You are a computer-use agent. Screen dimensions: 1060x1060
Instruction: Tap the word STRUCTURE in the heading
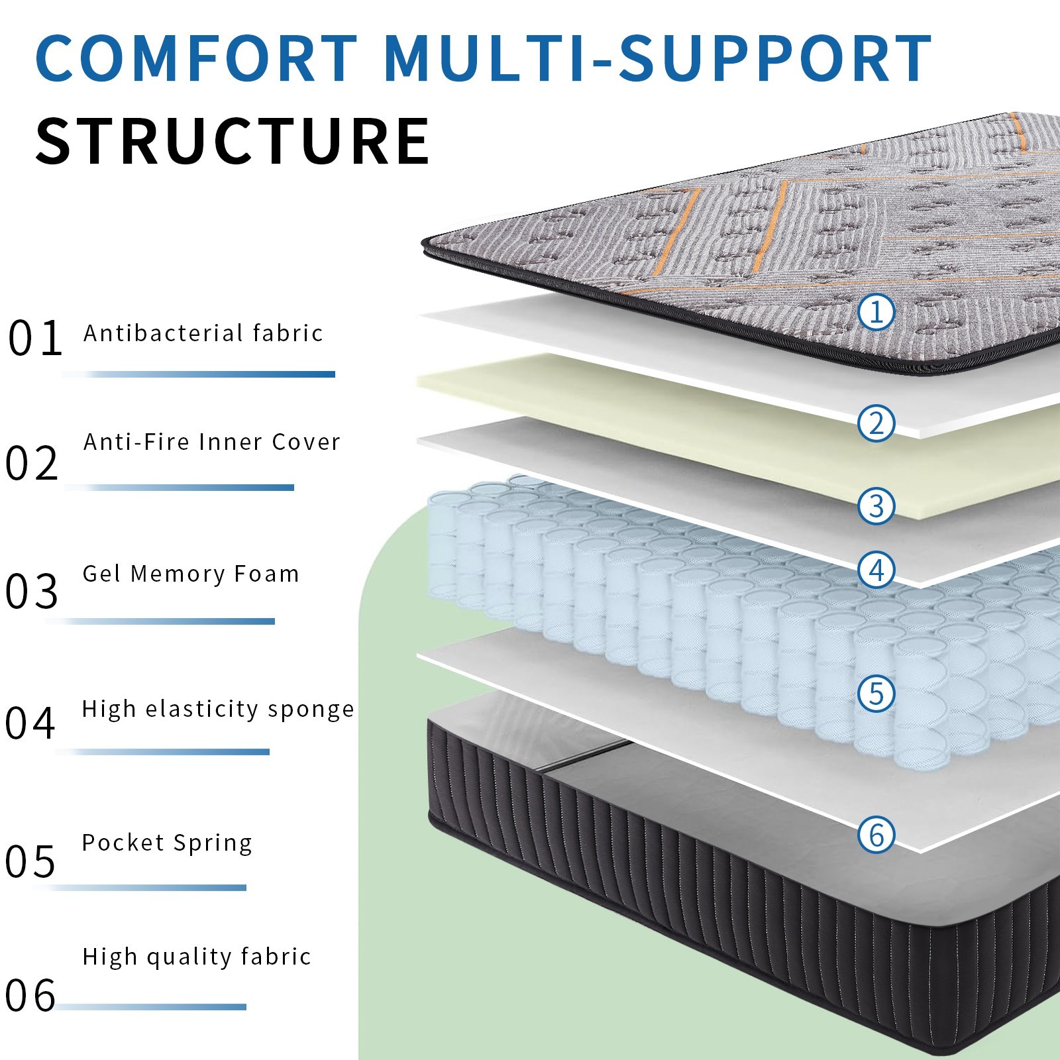[233, 140]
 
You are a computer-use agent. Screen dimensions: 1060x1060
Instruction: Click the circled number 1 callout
[876, 311]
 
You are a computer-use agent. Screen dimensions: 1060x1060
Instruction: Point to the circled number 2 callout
[876, 423]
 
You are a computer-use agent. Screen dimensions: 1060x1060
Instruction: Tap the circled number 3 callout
[876, 505]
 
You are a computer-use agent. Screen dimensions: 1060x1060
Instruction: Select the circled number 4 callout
[876, 570]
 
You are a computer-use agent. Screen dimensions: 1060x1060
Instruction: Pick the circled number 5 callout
[876, 694]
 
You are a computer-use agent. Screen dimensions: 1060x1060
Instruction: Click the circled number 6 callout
[876, 834]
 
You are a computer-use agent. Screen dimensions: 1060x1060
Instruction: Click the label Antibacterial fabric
[203, 333]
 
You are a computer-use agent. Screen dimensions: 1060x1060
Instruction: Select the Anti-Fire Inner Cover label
[211, 441]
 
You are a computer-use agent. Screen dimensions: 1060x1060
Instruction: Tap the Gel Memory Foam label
[191, 574]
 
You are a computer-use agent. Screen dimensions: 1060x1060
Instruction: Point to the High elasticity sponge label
[218, 709]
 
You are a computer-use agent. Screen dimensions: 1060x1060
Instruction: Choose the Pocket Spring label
[167, 843]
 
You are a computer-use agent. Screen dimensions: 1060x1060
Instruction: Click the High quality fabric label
[197, 957]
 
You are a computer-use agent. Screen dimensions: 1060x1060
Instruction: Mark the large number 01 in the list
[35, 338]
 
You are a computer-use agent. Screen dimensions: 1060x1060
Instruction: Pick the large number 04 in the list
[30, 723]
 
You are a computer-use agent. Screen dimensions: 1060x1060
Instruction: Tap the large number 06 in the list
[30, 995]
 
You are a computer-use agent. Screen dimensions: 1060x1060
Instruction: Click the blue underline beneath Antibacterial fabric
[198, 374]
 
